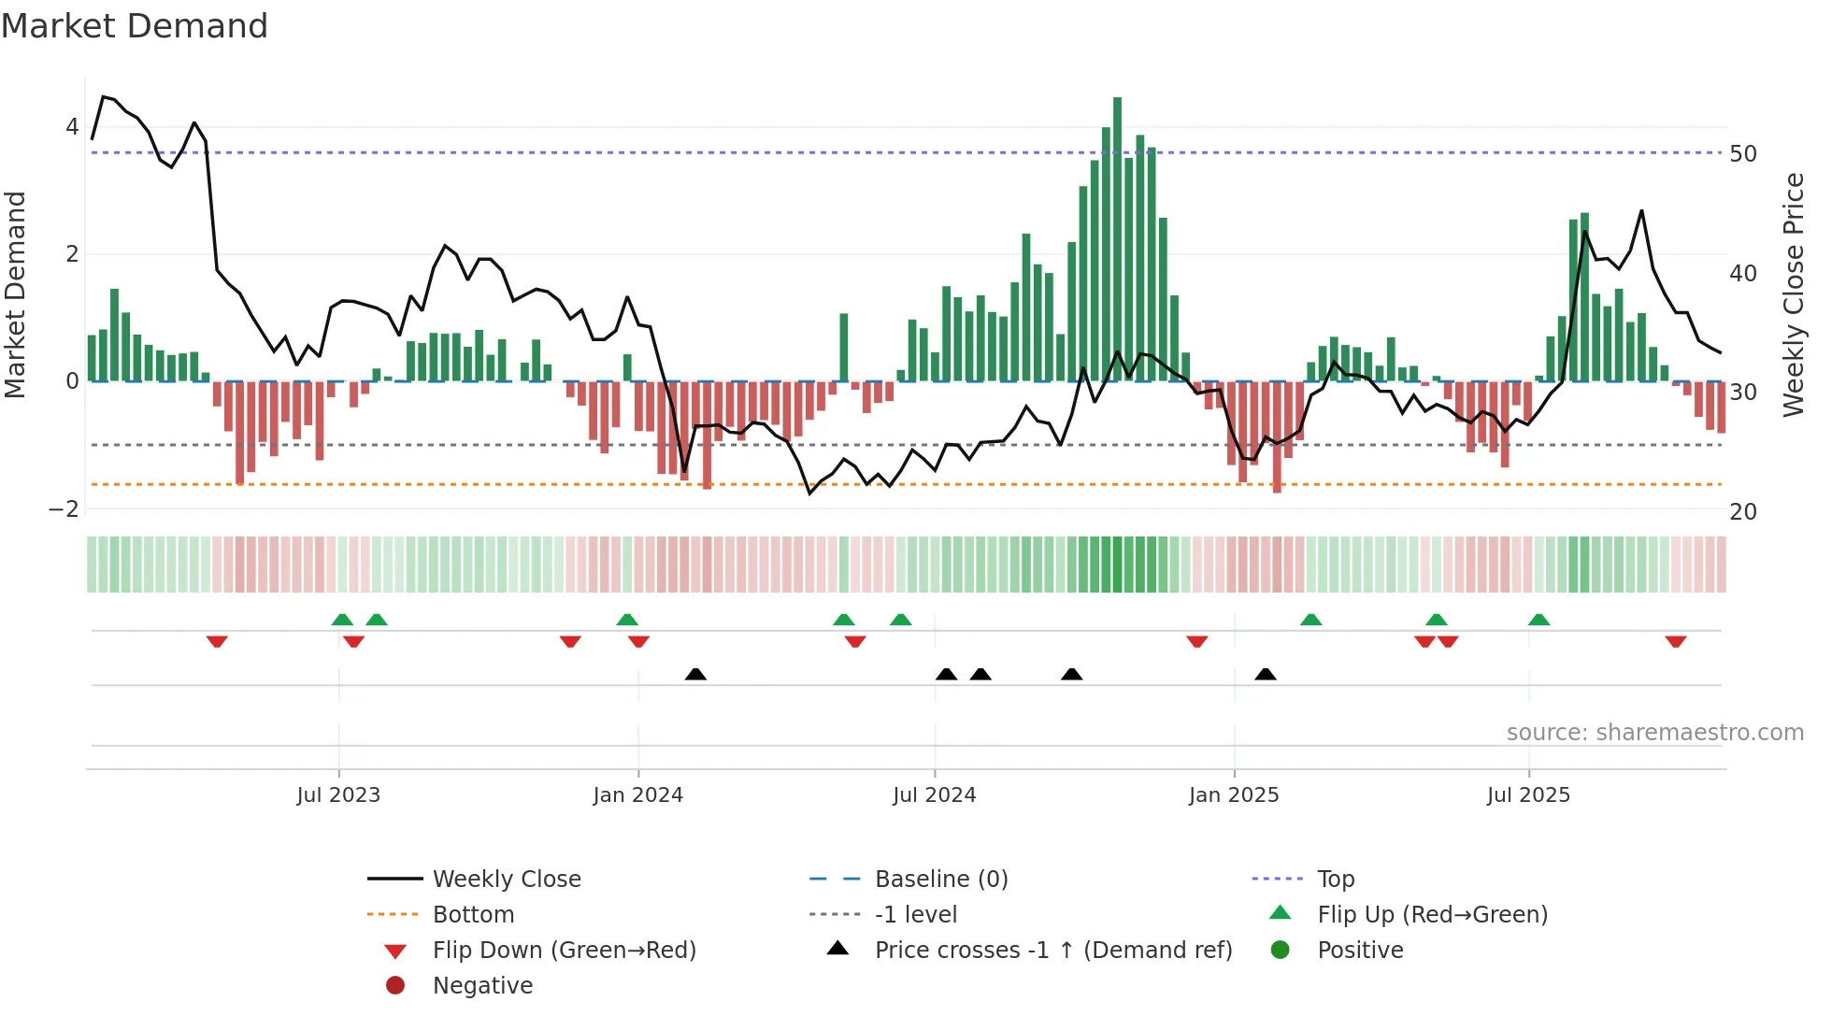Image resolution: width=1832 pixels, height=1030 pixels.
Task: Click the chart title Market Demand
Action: (135, 25)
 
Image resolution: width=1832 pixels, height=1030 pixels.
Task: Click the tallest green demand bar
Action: (1117, 238)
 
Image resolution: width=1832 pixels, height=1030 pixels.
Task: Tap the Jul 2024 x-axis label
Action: (934, 795)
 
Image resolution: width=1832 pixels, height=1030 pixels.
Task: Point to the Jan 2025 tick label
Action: (1234, 795)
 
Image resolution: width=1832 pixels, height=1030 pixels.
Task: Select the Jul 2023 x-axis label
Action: (338, 795)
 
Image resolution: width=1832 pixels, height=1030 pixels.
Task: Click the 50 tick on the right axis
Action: (1743, 154)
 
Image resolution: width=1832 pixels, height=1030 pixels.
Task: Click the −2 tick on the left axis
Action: (64, 509)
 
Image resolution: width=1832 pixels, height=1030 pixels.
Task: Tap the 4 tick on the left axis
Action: (72, 127)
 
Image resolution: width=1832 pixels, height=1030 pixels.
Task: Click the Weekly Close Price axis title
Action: (1793, 294)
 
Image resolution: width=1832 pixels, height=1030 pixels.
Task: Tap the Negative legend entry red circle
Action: (395, 986)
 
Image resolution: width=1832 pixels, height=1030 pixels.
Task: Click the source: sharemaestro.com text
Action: (1654, 733)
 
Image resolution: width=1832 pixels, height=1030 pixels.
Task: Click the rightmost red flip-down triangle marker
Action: (1675, 641)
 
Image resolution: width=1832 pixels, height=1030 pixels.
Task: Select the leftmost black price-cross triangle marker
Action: (695, 674)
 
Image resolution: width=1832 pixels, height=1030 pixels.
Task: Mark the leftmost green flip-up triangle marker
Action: (342, 620)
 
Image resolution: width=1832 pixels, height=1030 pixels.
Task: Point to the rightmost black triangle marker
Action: (1265, 674)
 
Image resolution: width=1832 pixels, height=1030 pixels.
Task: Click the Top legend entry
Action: (1335, 880)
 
